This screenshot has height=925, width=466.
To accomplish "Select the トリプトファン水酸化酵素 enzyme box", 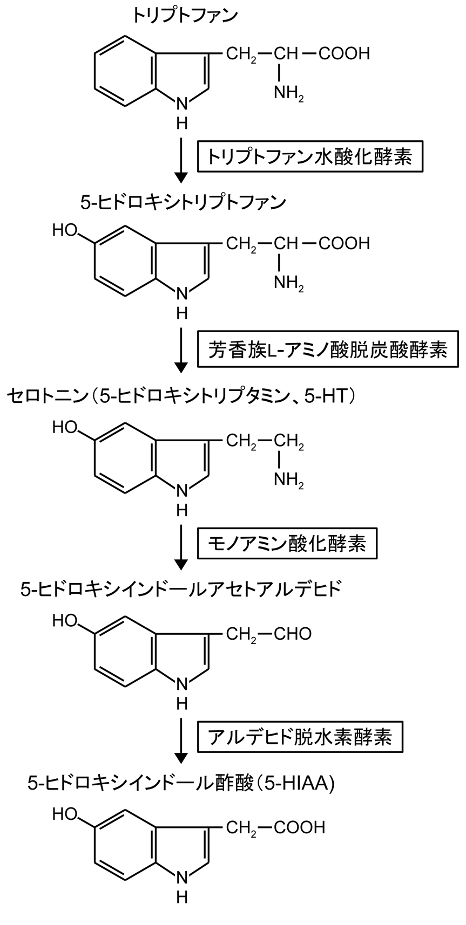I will click(x=309, y=156).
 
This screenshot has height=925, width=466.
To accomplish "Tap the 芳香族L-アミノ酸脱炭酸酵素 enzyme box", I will click(x=328, y=351).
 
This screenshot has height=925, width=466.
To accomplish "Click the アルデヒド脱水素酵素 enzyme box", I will click(x=300, y=736).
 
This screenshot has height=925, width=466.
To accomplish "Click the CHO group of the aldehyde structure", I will click(x=293, y=633).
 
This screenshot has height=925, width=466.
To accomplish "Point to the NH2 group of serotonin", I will click(x=289, y=479).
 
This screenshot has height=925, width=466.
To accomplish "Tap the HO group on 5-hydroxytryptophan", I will click(x=65, y=230).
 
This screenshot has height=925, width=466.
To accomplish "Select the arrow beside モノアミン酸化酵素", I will click(x=182, y=547).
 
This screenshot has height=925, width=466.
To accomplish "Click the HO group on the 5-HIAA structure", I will click(x=65, y=813).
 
